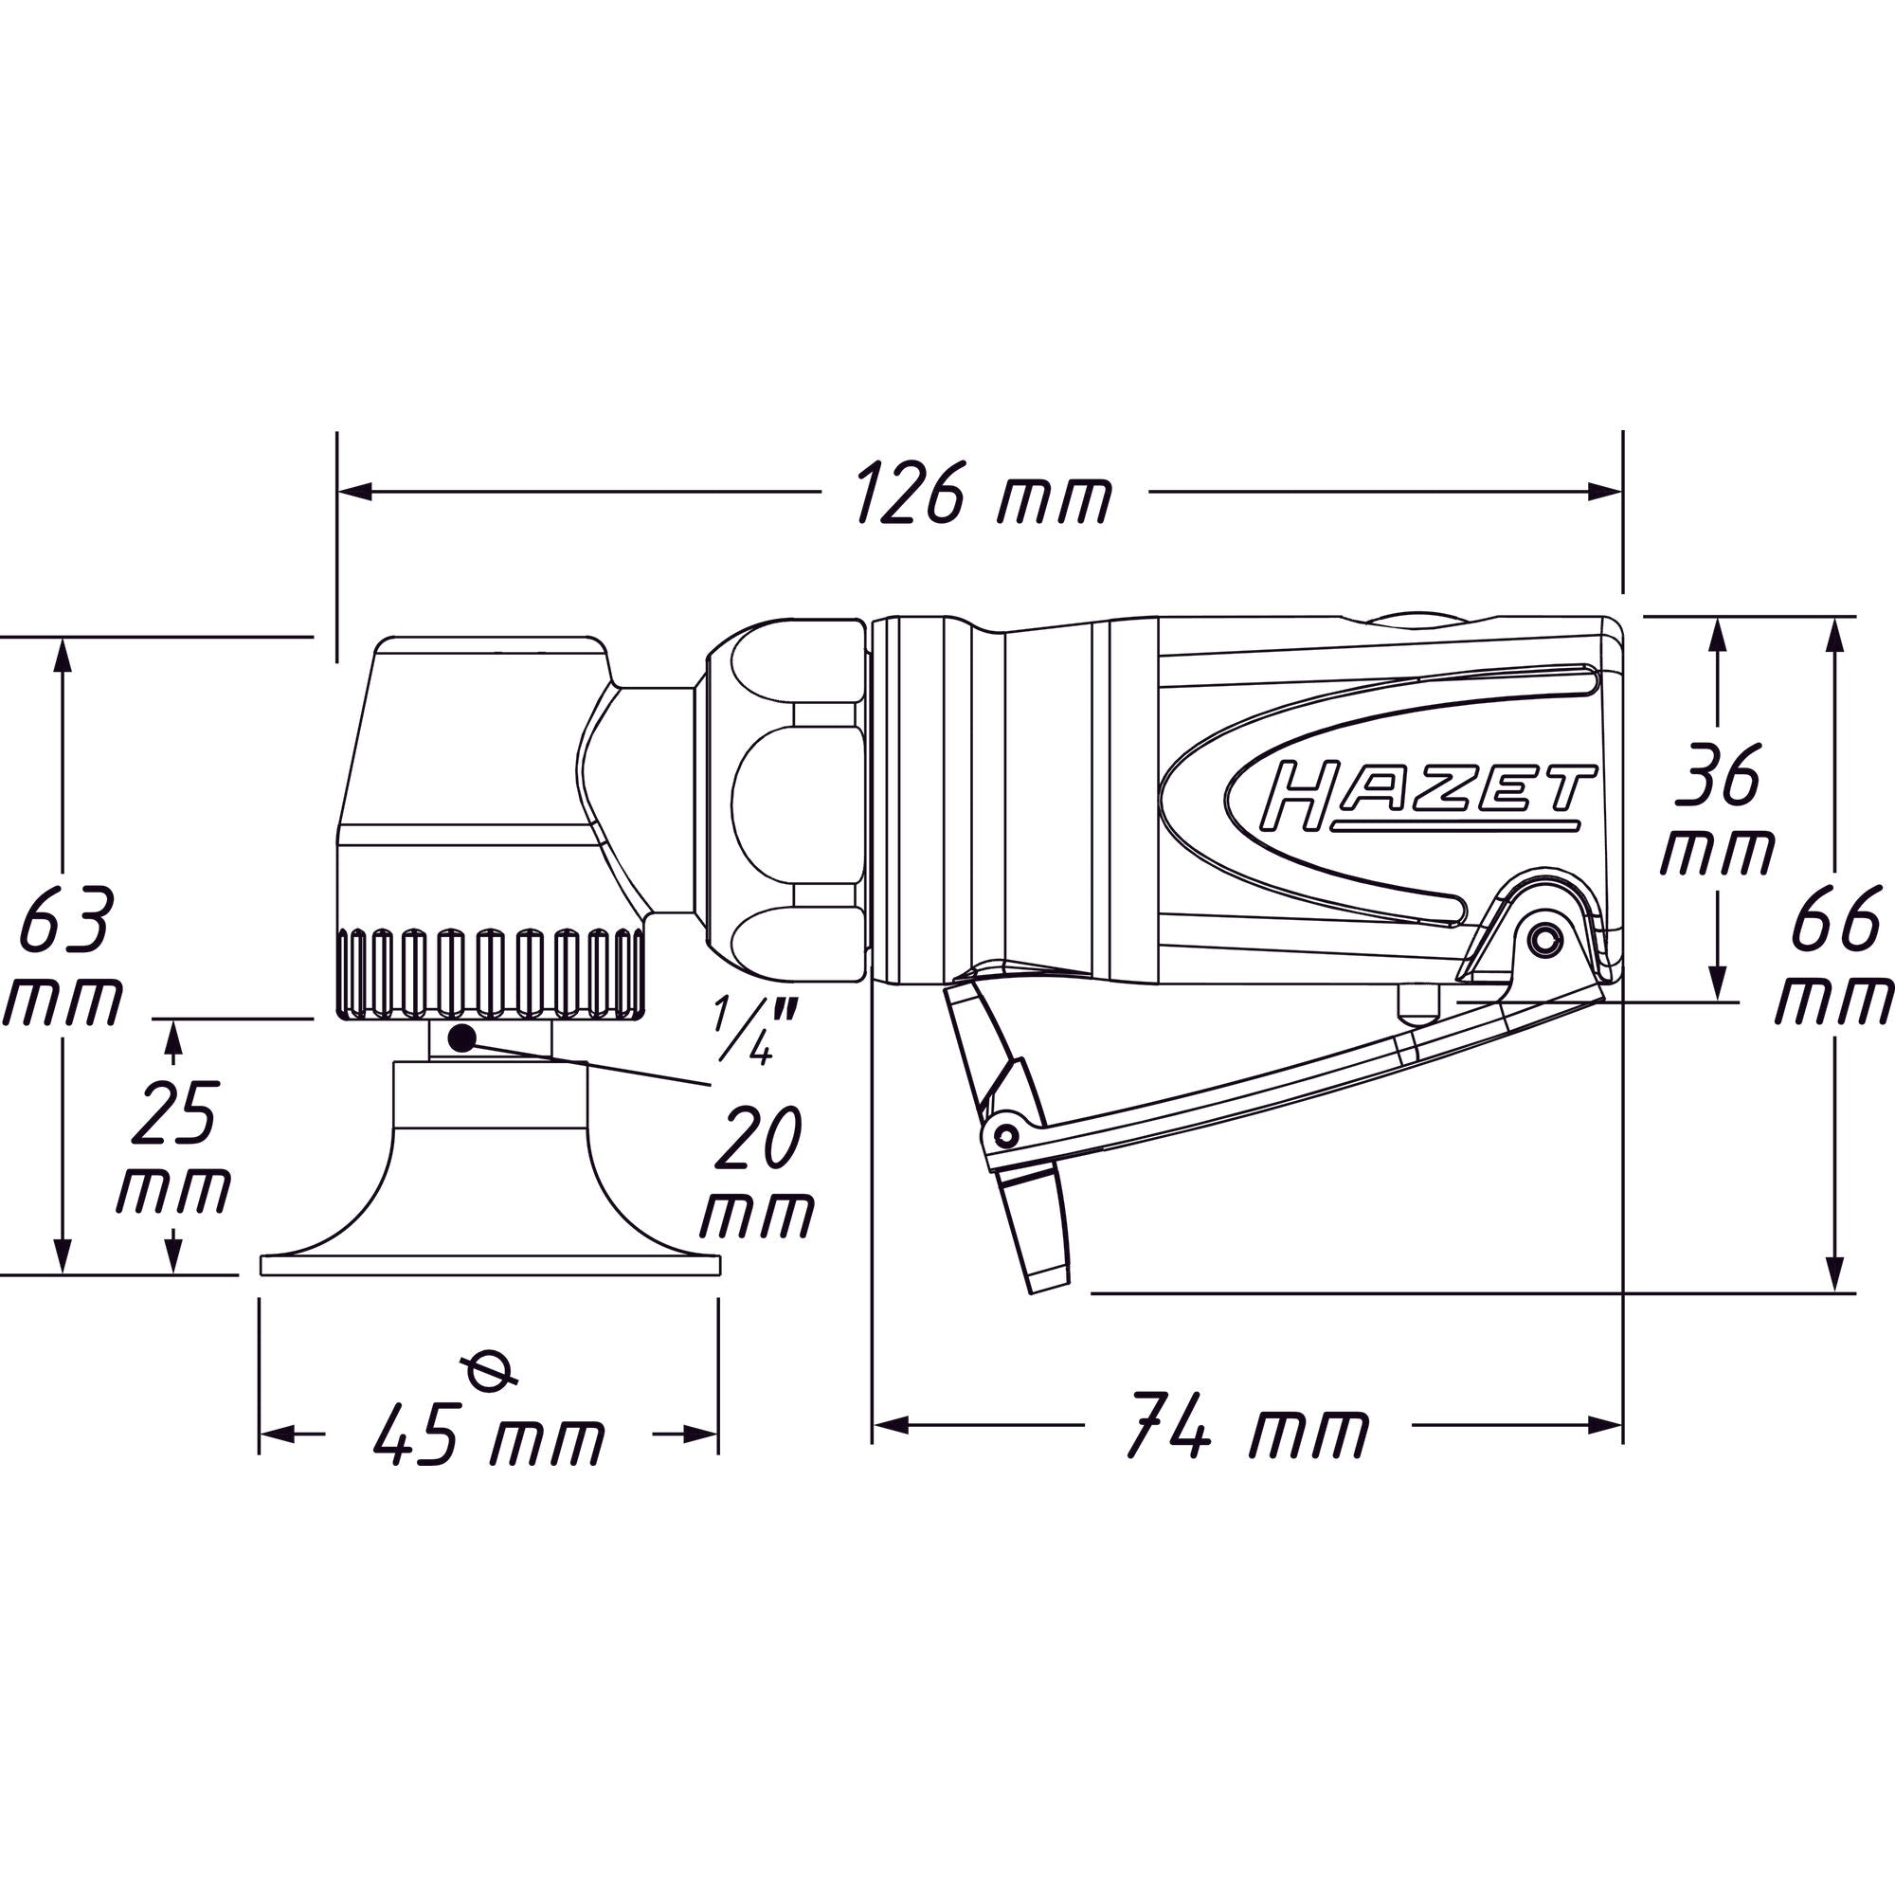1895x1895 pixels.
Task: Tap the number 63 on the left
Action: coord(64,920)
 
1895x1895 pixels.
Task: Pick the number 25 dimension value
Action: coord(174,1112)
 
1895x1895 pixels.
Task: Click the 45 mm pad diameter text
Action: coord(490,1434)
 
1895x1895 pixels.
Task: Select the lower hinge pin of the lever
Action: coord(1003,1135)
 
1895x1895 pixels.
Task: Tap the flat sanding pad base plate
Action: coord(491,1264)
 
